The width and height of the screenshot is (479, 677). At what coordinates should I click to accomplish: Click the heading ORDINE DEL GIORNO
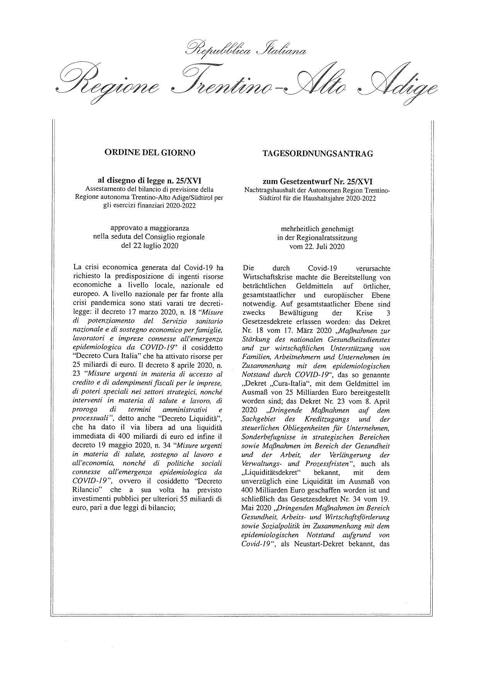(150, 153)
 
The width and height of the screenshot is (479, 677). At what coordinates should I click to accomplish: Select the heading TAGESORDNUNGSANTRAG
(318, 154)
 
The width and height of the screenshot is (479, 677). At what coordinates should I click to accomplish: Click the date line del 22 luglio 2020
(149, 245)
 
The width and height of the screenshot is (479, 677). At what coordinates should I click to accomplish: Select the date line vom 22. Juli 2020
(317, 246)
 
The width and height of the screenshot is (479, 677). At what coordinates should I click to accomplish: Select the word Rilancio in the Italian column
(87, 490)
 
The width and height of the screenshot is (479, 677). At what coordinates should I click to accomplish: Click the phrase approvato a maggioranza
(149, 228)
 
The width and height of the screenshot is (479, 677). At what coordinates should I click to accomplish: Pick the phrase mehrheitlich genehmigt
(317, 229)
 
